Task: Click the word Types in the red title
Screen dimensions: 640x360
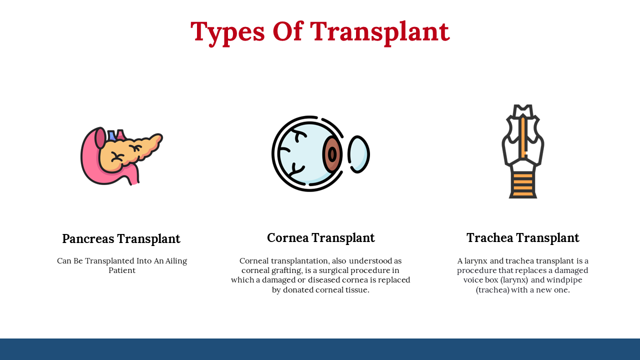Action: click(x=227, y=32)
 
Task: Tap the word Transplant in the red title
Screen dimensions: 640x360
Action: click(x=380, y=32)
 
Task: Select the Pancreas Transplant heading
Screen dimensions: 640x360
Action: click(x=121, y=239)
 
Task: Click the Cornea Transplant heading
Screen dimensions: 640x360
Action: click(x=320, y=238)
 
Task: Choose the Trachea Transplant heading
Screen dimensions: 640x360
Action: click(x=523, y=238)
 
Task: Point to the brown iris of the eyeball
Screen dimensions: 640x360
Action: click(x=332, y=154)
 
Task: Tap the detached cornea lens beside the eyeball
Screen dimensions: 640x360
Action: click(x=358, y=154)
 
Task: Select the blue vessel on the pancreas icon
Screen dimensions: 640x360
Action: click(x=112, y=135)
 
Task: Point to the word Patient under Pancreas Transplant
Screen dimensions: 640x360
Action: click(x=121, y=270)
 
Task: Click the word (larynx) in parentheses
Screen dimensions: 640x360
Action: click(x=514, y=280)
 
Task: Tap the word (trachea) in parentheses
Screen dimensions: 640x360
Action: click(x=492, y=290)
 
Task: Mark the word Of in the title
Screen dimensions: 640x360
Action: click(x=287, y=31)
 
